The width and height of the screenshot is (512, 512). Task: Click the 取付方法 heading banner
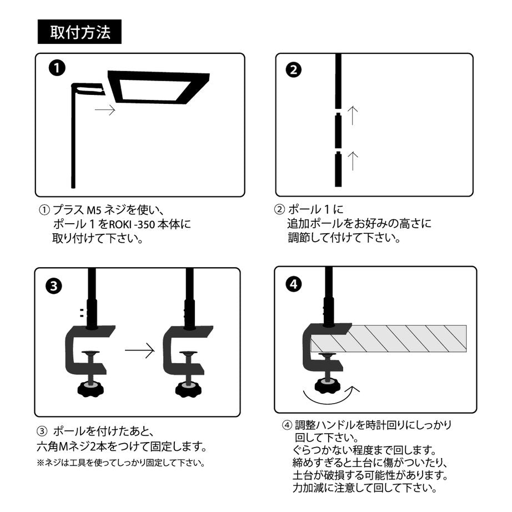[79, 31]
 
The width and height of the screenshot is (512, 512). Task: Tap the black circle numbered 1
[56, 69]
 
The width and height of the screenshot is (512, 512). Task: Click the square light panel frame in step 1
[158, 87]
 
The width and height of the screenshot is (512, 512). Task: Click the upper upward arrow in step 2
[353, 115]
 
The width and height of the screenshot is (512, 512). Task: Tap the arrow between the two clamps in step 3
[139, 350]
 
